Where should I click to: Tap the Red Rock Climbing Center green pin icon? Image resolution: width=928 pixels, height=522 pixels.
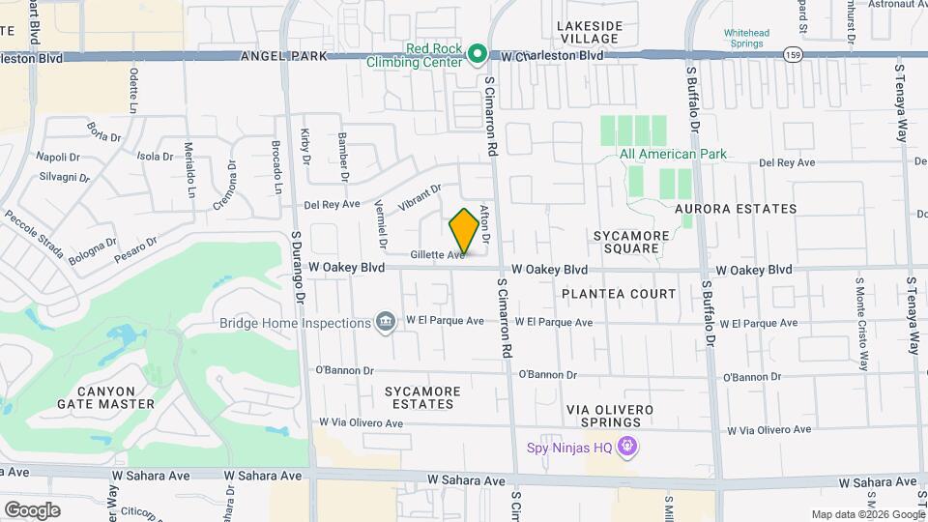click(477, 54)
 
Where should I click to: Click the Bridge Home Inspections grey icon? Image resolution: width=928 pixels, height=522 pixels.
click(386, 322)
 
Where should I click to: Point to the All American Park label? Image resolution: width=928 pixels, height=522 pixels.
click(673, 154)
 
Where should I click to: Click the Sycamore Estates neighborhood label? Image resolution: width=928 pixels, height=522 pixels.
click(421, 398)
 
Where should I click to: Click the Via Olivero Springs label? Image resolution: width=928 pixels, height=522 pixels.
click(611, 416)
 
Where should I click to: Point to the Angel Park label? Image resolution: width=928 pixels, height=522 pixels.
click(285, 57)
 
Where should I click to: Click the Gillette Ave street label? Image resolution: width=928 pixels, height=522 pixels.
click(436, 255)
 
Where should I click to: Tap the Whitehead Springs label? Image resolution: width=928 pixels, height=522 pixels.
click(746, 38)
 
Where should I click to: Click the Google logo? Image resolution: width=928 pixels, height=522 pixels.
click(32, 509)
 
